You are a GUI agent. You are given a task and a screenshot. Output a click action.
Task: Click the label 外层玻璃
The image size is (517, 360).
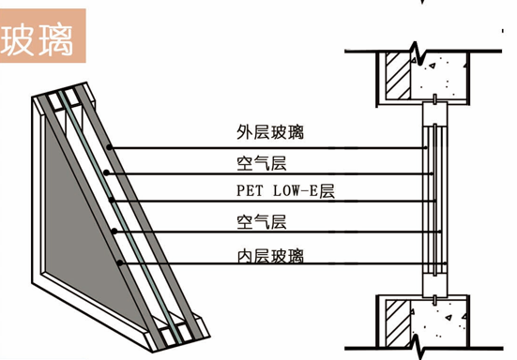click(270, 132)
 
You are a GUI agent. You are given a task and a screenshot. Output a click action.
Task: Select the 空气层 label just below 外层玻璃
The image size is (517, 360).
click(262, 163)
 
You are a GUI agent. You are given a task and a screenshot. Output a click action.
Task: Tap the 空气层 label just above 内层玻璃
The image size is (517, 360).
click(262, 221)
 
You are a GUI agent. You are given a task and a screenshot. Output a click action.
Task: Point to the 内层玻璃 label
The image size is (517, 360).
click(270, 256)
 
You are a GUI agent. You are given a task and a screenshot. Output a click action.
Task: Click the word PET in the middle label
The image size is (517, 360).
click(250, 190)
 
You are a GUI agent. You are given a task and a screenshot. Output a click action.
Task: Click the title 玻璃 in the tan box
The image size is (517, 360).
click(37, 40)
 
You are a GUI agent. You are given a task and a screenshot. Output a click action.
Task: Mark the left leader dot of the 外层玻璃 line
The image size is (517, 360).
click(109, 147)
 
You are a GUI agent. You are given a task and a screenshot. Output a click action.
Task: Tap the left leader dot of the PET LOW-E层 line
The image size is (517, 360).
click(112, 200)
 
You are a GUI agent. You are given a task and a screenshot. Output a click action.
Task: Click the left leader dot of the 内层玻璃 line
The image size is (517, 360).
click(120, 262)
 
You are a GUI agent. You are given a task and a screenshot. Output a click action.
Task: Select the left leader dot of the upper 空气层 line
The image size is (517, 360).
click(106, 172)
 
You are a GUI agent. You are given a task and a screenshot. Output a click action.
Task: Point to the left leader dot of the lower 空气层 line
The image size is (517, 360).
click(114, 232)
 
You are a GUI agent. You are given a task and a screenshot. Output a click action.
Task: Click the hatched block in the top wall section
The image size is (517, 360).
click(398, 75)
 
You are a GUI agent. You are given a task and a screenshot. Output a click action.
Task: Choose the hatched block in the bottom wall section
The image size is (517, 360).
click(398, 323)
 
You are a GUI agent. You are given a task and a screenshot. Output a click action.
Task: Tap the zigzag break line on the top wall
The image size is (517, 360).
click(418, 54)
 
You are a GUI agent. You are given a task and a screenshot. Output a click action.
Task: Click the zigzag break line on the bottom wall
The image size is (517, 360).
click(418, 347)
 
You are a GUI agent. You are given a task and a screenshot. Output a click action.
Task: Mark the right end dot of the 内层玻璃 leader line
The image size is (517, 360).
click(445, 263)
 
